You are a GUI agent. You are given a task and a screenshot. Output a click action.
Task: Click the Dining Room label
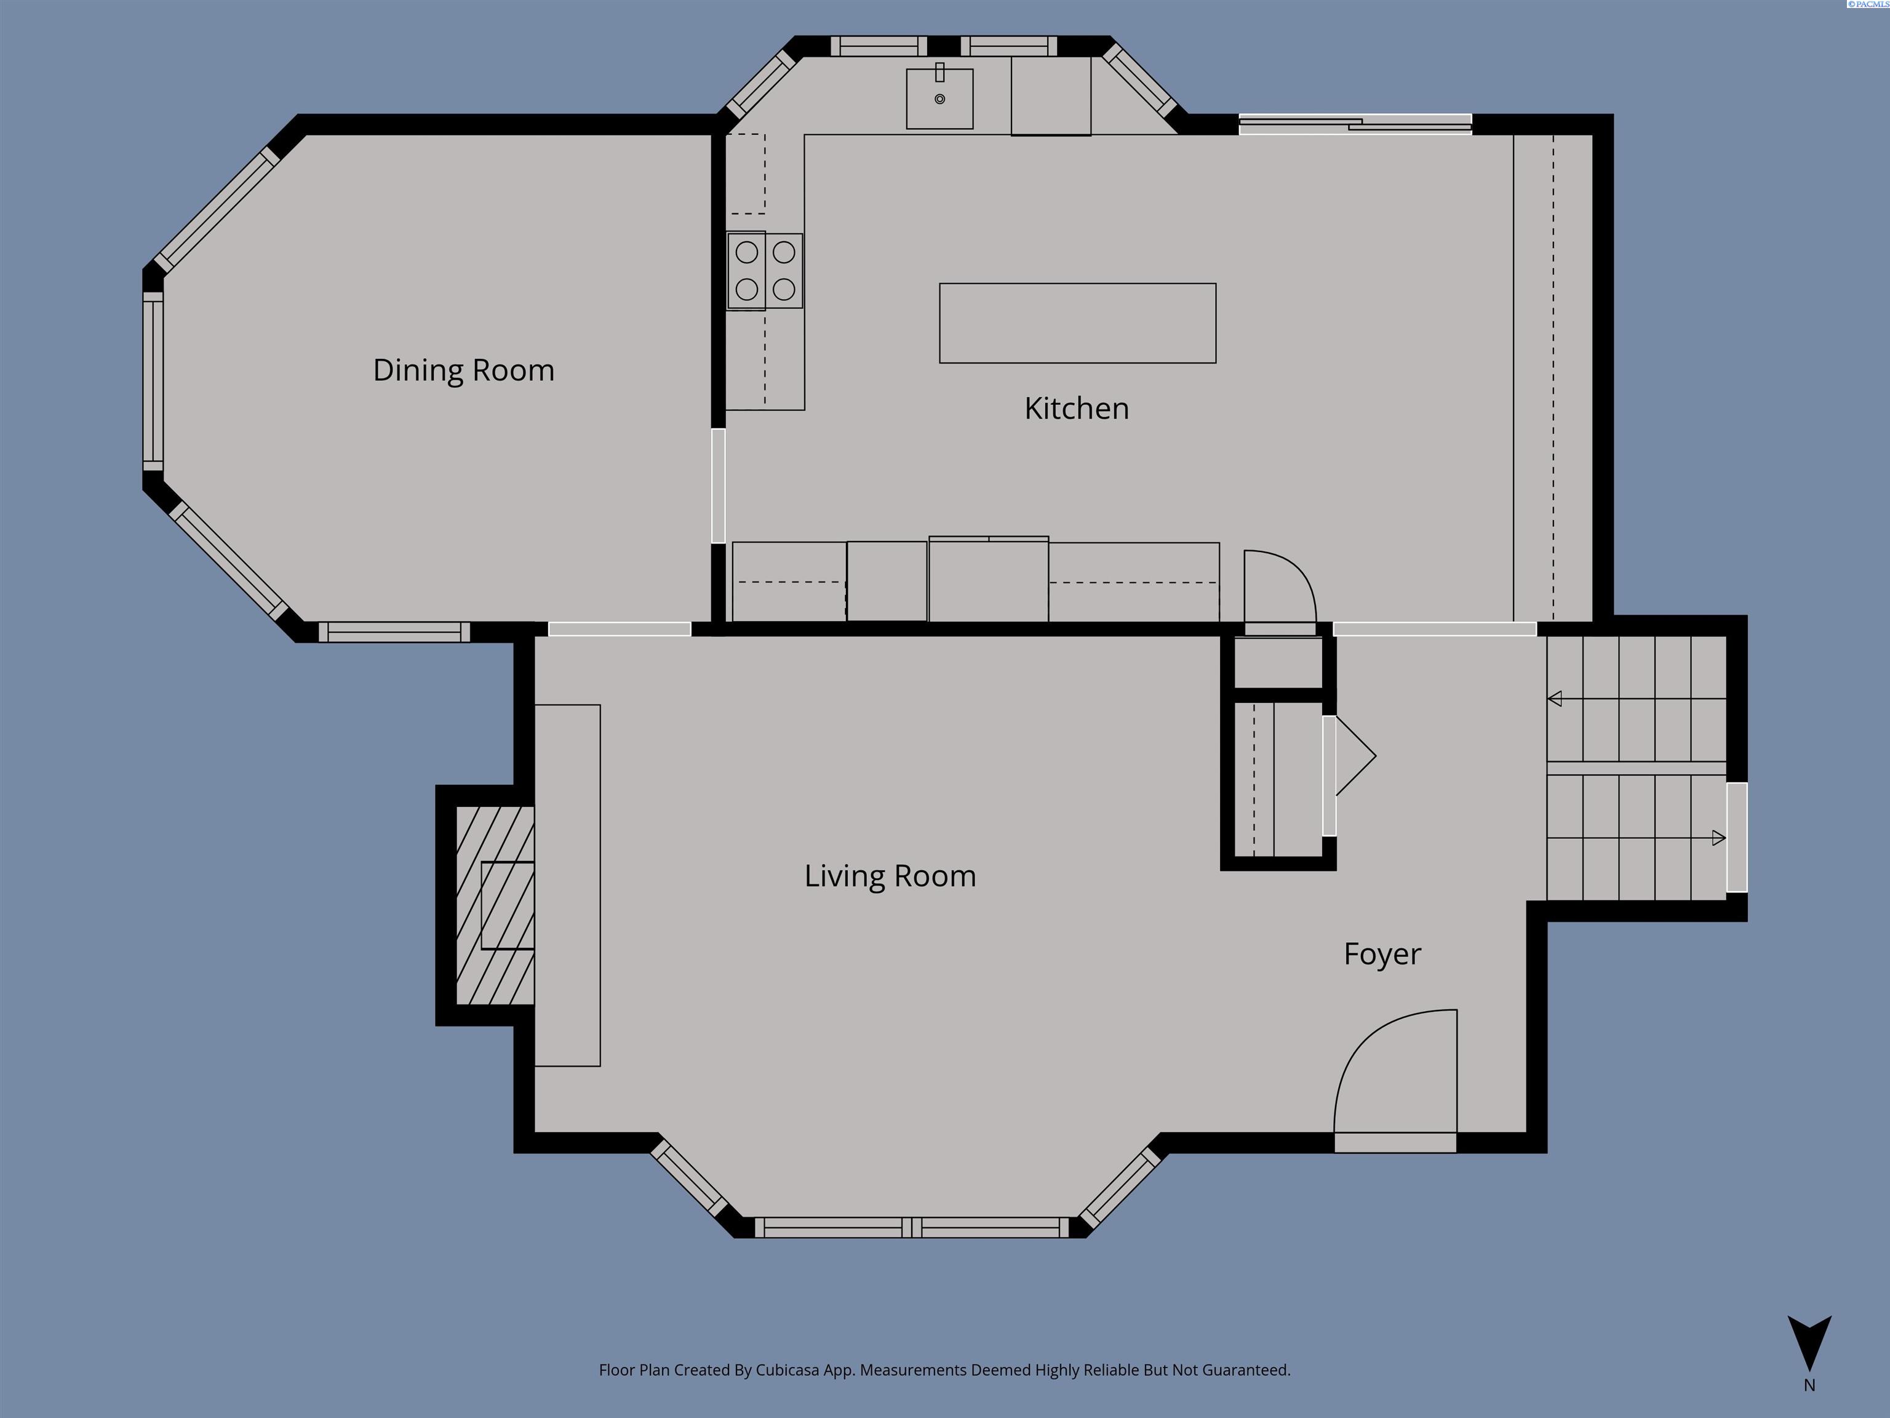[463, 370]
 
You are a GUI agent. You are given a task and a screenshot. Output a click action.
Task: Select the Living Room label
[890, 876]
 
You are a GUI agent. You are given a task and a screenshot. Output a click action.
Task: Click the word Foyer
[1382, 954]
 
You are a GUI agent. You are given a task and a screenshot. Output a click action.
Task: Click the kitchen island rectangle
[1077, 323]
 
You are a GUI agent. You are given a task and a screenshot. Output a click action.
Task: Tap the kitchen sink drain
[940, 99]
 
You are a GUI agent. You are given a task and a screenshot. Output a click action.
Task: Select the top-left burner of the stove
[747, 252]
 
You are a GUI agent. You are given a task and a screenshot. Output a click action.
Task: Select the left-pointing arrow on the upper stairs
[1555, 699]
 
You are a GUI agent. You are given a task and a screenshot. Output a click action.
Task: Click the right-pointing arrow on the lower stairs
[1718, 838]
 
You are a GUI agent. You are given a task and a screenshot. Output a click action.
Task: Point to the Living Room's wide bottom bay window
[912, 1228]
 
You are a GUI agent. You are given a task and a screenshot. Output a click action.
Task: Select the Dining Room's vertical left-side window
[153, 380]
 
